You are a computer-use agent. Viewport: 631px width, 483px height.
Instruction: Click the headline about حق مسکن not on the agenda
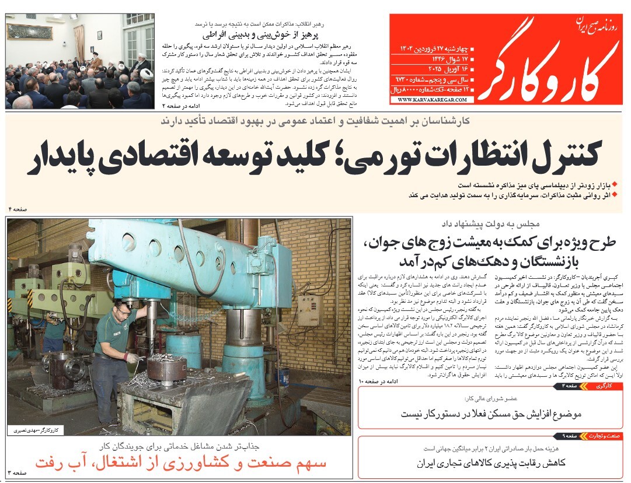click(x=492, y=414)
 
